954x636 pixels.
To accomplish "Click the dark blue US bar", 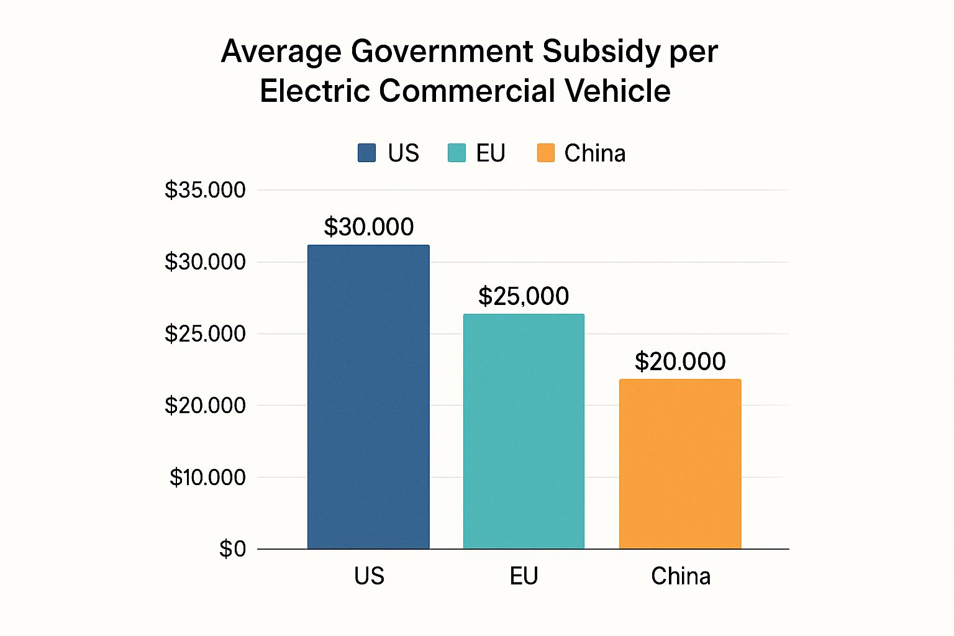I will point(368,397).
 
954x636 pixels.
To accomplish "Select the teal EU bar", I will point(524,432).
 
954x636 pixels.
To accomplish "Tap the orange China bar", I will point(680,464).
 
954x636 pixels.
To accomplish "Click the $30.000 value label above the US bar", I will point(369,227).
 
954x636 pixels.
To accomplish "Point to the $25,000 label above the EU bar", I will point(524,296).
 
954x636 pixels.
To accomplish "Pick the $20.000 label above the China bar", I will point(680,361).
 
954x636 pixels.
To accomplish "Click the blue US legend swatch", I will point(367,153).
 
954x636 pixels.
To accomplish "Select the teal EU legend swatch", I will point(457,153).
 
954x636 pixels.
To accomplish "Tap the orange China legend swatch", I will point(546,153).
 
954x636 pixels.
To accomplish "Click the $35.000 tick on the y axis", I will point(205,190).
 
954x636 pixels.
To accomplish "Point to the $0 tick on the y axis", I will point(233,549).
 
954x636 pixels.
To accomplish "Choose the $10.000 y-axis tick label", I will point(207,478).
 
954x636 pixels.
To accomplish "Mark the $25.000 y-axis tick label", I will point(205,334).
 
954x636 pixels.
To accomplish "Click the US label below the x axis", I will point(369,576).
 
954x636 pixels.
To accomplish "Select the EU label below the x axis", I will point(524,576).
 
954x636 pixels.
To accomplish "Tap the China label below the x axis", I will point(681,576).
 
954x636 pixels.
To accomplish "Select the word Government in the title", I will point(442,52).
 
